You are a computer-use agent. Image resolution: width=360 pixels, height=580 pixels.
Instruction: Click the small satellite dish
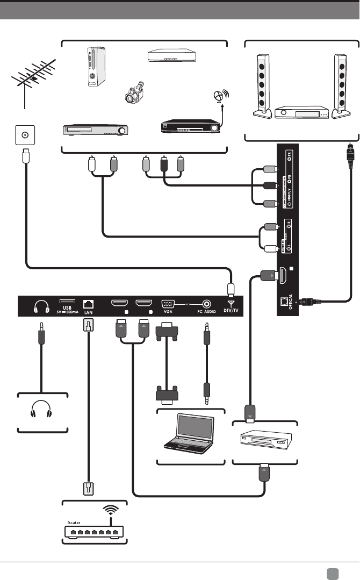tap(218, 96)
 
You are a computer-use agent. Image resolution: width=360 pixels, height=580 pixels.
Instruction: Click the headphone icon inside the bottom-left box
tap(42, 413)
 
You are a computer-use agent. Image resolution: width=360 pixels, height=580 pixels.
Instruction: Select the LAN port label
tap(88, 312)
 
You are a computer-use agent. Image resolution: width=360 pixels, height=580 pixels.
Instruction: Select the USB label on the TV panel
tap(64, 307)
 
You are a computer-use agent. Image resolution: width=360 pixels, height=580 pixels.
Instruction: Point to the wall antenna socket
tap(23, 135)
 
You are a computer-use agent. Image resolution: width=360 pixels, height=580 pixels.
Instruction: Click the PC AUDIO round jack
tap(205, 304)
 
